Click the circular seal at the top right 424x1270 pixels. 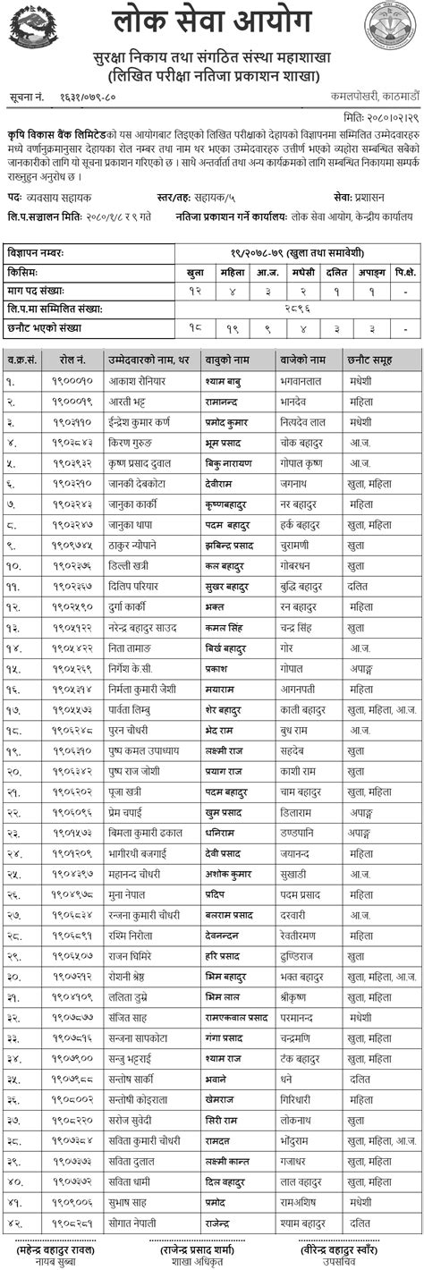[x=390, y=25]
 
